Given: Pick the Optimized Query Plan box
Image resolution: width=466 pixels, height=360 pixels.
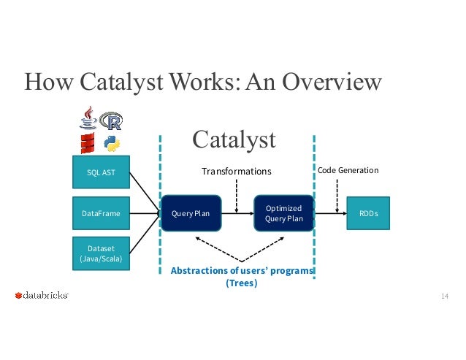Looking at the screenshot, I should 283,213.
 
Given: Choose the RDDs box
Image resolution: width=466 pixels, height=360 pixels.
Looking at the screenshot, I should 368,214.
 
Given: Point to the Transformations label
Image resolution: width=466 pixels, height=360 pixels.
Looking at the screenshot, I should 236,171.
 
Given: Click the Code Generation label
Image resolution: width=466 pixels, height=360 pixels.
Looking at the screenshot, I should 347,170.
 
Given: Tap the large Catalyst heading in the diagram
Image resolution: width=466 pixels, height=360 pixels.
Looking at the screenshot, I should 234,139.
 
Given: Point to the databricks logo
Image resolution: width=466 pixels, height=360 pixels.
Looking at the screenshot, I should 42,296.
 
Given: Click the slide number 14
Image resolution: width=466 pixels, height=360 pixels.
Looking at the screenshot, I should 443,296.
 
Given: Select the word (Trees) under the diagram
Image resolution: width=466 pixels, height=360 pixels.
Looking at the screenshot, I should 242,283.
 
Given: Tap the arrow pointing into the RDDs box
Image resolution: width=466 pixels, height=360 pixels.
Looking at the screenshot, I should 329,213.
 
